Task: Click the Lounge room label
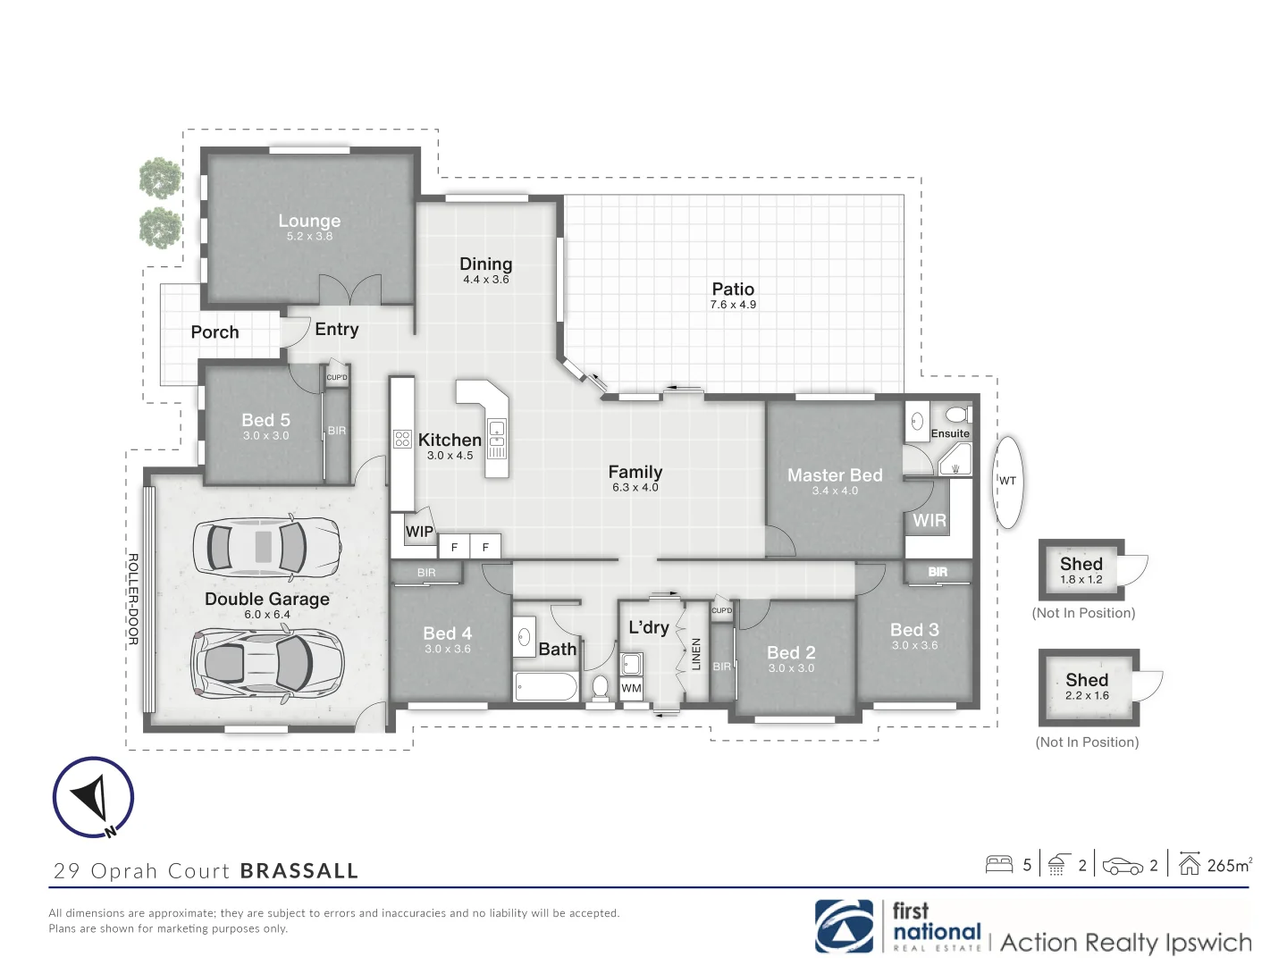[x=309, y=221]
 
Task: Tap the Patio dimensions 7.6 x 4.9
[x=733, y=305]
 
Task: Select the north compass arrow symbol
[x=93, y=798]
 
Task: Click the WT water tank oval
[x=1008, y=482]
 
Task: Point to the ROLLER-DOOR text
[x=133, y=599]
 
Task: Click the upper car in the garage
[x=266, y=546]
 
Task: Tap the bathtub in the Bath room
[x=546, y=687]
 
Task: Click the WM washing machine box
[x=632, y=688]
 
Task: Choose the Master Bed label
[x=835, y=475]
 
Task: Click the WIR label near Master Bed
[x=929, y=520]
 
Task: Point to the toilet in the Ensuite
[x=957, y=415]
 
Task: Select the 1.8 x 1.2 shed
[x=1081, y=570]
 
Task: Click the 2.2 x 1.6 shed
[x=1088, y=686]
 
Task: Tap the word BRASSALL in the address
[x=299, y=871]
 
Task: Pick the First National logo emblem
[x=844, y=927]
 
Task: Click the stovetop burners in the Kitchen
[x=402, y=439]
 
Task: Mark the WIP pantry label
[x=419, y=532]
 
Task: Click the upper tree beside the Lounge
[x=160, y=178]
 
